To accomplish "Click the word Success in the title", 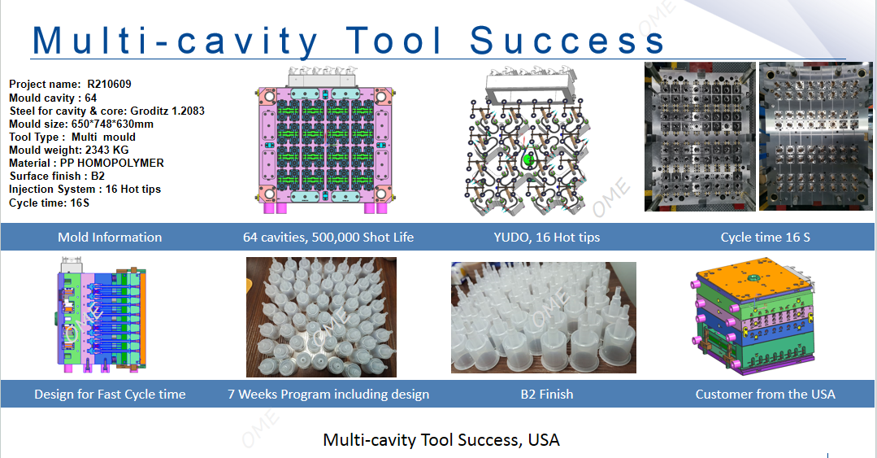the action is click(x=567, y=41).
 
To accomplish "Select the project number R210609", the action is click(x=109, y=84).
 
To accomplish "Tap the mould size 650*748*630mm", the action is click(x=112, y=124).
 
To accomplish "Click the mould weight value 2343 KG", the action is click(x=106, y=150).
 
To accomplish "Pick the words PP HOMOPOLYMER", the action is click(x=112, y=163).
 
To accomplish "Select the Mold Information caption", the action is click(x=110, y=238).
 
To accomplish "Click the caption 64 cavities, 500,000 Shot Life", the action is click(x=328, y=238).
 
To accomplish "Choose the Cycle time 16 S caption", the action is click(x=765, y=238).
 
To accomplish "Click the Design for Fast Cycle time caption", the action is click(x=110, y=395).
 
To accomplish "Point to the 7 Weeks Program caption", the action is click(x=328, y=395).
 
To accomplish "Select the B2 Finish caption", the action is click(x=547, y=395).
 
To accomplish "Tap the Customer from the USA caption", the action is click(x=765, y=395).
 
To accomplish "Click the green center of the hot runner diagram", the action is click(x=528, y=160).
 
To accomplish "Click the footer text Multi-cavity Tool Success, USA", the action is click(x=441, y=439).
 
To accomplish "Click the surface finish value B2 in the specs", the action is click(x=98, y=176).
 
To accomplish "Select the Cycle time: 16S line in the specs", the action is click(x=50, y=203).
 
